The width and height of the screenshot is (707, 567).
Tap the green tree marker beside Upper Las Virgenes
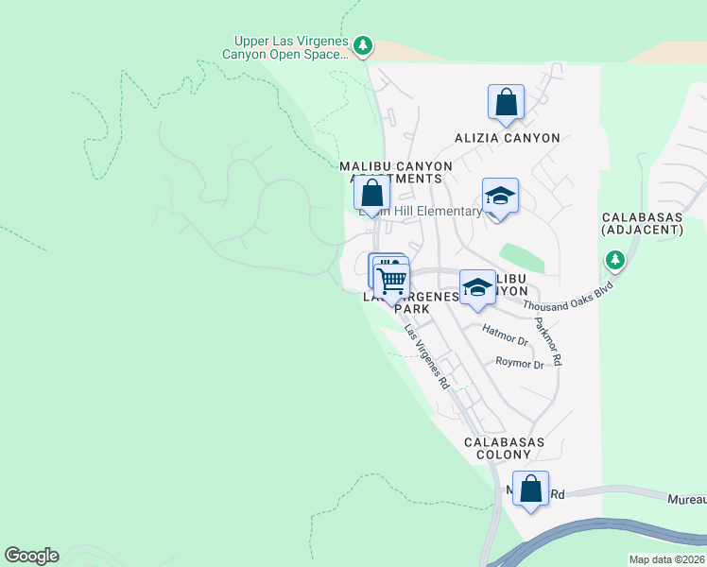tap(362, 45)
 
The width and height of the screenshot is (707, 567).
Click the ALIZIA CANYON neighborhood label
tap(507, 138)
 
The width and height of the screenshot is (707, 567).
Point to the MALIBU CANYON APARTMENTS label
tap(396, 172)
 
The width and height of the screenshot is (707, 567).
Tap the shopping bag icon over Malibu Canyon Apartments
tap(372, 194)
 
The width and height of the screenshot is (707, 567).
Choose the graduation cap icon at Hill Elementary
tap(500, 197)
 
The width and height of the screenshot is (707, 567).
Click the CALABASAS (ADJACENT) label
tap(642, 223)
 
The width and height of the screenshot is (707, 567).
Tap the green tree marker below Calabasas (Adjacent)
tap(615, 258)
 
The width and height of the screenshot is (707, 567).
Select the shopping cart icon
tap(391, 280)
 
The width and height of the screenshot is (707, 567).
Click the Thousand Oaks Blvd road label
tap(569, 297)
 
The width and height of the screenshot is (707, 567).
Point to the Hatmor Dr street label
tap(504, 335)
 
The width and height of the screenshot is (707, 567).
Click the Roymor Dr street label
tap(520, 364)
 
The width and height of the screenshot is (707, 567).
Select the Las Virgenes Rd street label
tap(426, 358)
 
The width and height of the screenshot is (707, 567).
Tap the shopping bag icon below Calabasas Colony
tap(531, 490)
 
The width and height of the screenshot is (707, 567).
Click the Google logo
tap(31, 556)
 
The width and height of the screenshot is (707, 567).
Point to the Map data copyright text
tap(667, 559)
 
